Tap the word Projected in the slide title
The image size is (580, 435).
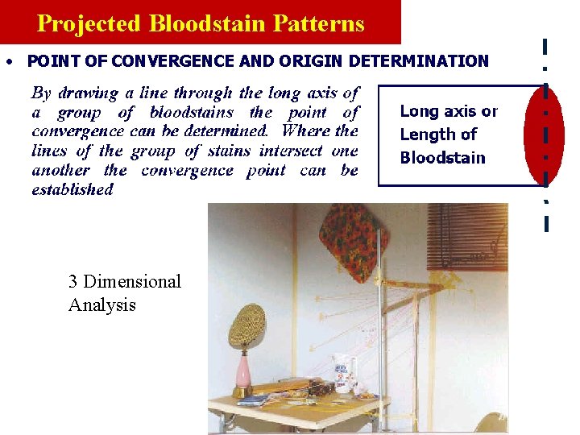click(89, 23)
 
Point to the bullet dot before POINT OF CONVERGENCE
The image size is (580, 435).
click(7, 62)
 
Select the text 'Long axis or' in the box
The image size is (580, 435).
click(449, 112)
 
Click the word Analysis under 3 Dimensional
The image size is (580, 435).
click(102, 305)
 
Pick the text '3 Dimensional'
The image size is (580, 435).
click(125, 281)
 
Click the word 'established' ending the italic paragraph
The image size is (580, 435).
click(72, 190)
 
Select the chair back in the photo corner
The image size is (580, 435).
click(491, 424)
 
